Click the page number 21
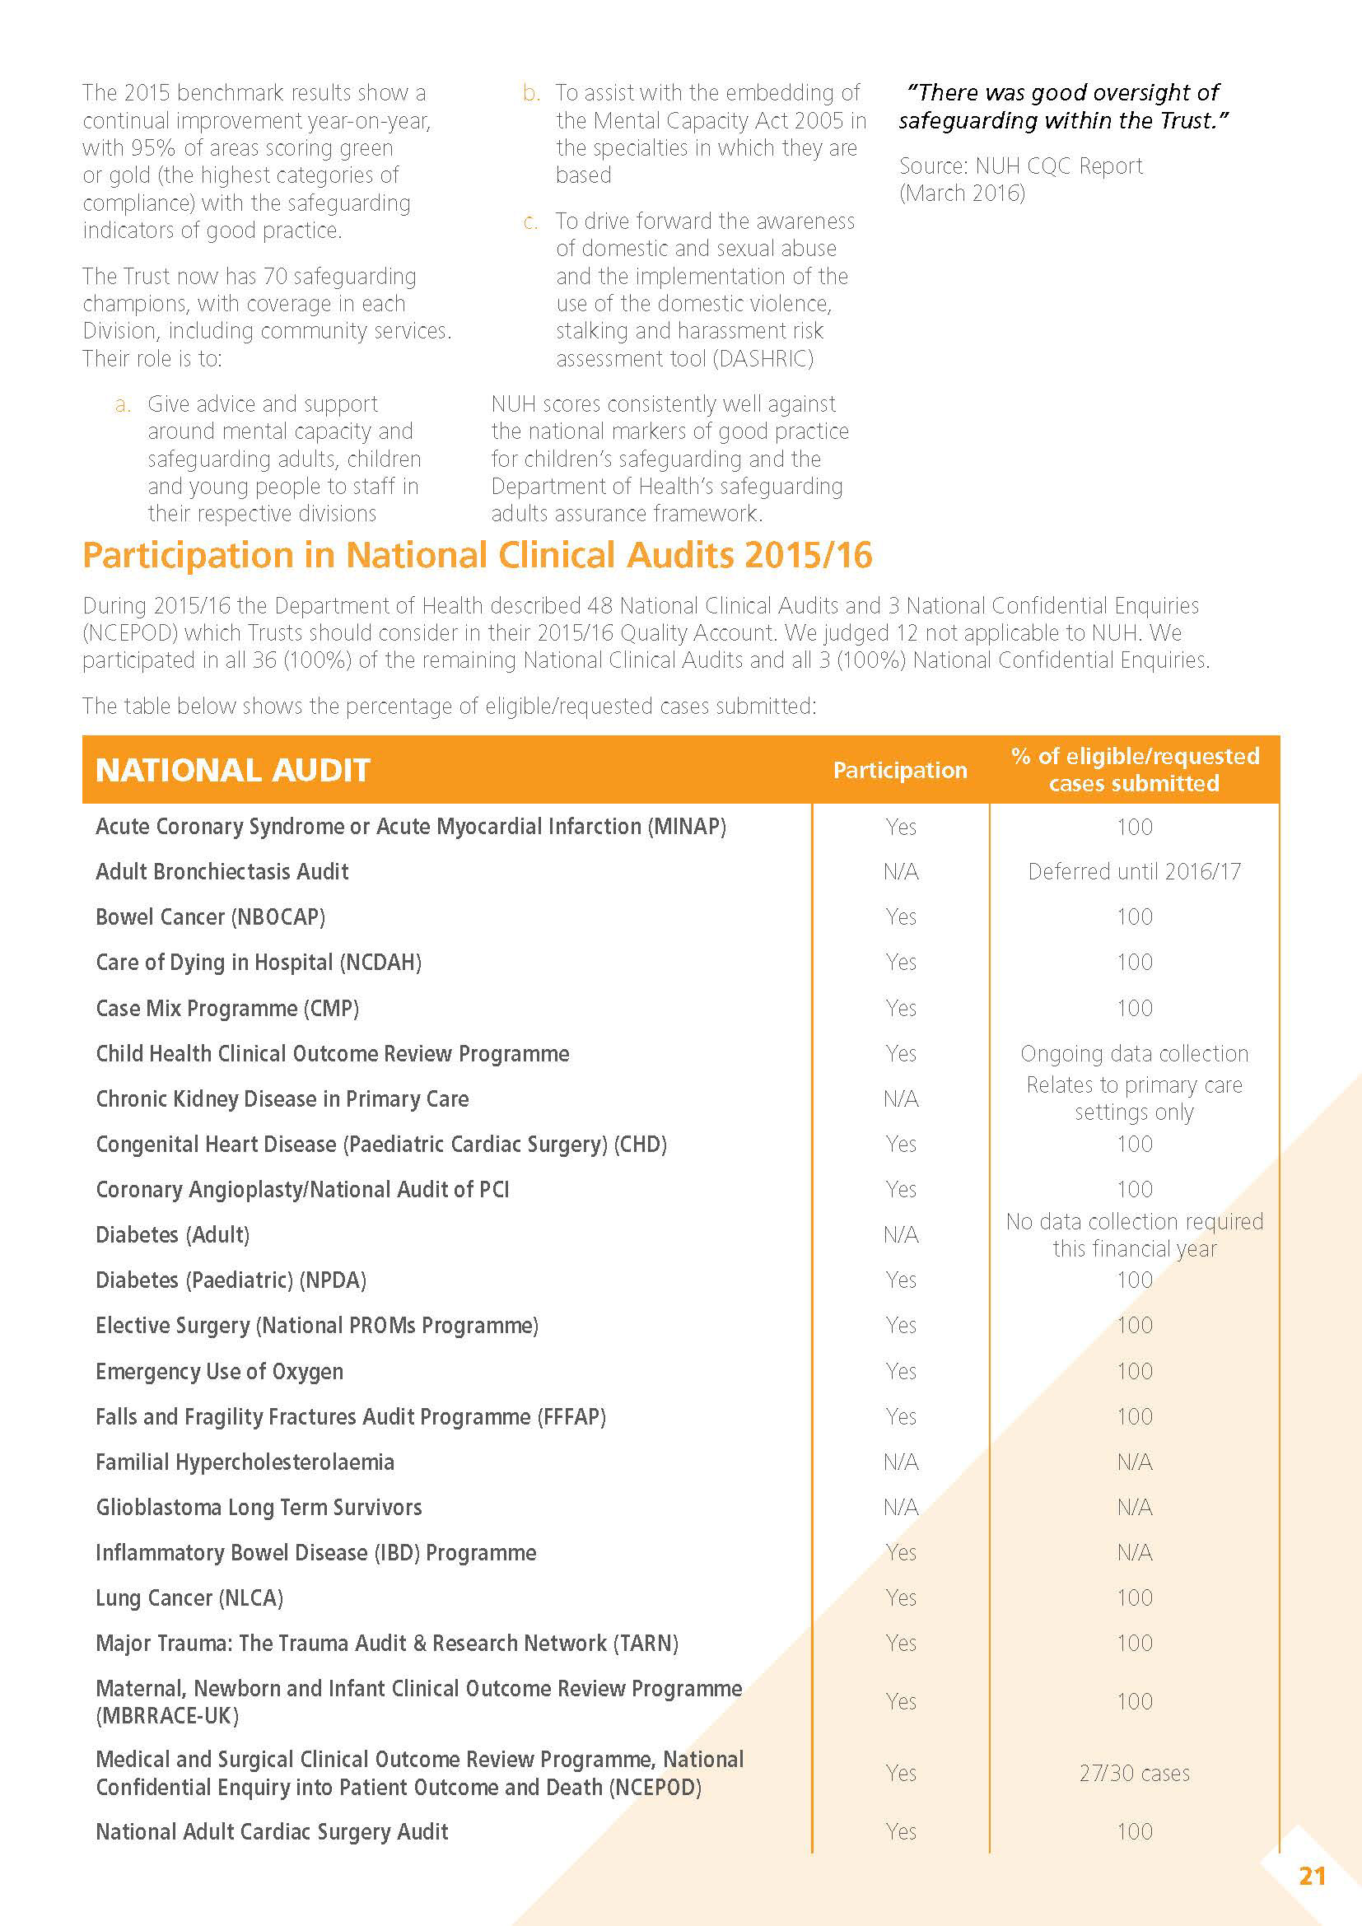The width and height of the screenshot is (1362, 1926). coord(1312,1876)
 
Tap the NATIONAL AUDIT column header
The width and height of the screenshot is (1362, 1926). coord(233,770)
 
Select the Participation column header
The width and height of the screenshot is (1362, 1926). coord(900,770)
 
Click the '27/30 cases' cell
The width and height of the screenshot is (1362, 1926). coord(1134,1773)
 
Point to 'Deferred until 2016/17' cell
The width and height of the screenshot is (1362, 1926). coord(1134,871)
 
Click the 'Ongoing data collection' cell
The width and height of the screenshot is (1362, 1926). coord(1134,1054)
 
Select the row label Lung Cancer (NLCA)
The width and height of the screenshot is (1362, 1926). coord(189,1598)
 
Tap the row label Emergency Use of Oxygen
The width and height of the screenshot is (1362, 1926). coord(220,1372)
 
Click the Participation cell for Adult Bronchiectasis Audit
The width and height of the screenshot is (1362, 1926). coord(901,871)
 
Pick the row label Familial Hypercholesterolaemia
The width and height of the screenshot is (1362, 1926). coord(245,1462)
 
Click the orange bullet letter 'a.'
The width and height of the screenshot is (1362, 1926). coord(123,404)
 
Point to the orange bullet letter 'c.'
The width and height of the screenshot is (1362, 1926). coord(530,222)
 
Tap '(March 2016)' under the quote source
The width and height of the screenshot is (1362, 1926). coord(962,193)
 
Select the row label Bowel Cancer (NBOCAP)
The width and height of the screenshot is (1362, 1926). coord(211,916)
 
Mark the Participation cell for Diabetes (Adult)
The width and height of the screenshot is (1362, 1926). coord(901,1235)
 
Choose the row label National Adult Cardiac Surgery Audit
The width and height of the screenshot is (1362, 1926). coord(272,1831)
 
